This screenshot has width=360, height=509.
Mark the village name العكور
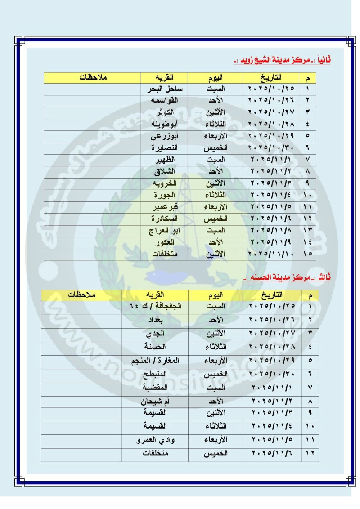tap(165, 242)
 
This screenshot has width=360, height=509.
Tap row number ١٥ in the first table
tap(310, 254)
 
